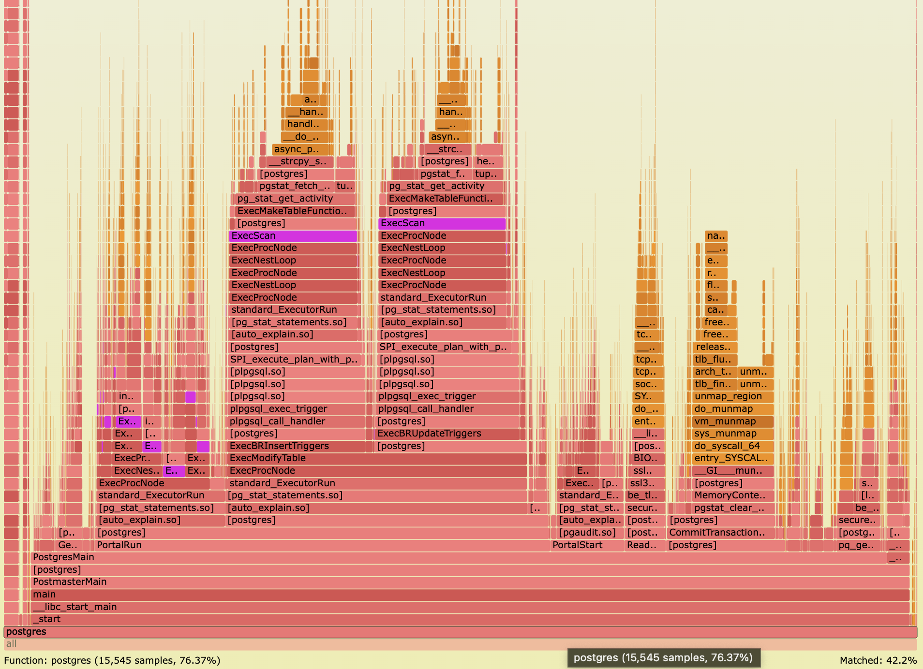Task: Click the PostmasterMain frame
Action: point(435,582)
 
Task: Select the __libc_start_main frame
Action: point(435,607)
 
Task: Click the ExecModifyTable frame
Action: point(377,458)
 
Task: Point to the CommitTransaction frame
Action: point(721,533)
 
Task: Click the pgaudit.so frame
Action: point(587,533)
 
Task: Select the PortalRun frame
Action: point(319,545)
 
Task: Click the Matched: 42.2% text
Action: point(878,660)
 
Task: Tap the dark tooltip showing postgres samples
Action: point(663,658)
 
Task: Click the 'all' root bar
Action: point(460,644)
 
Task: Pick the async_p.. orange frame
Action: point(300,149)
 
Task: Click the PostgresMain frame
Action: point(435,557)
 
